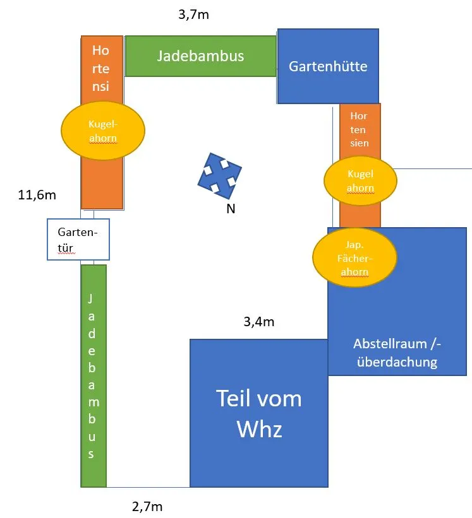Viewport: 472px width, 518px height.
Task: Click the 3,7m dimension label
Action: pos(193,15)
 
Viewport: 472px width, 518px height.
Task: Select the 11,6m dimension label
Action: pos(37,195)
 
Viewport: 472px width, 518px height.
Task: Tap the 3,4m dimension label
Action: pos(259,322)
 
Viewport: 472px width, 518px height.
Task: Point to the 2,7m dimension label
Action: pos(148,505)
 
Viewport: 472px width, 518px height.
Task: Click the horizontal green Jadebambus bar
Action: pos(200,56)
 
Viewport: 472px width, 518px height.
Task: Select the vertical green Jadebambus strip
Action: pos(94,375)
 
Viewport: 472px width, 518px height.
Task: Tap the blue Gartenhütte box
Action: pos(328,66)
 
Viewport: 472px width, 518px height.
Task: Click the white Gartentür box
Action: pos(78,239)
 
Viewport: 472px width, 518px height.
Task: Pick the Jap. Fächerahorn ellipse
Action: pos(354,257)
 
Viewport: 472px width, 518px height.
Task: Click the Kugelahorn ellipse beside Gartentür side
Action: pos(103,130)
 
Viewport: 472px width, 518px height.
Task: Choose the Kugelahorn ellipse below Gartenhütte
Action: pos(360,181)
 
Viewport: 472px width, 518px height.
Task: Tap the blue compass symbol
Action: pos(219,172)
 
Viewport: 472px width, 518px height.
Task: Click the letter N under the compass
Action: pos(231,209)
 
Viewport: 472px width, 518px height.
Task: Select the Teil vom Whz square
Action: pos(259,413)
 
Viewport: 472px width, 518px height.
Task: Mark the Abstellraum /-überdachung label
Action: pos(396,353)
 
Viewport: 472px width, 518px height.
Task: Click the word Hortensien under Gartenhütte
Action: pos(359,129)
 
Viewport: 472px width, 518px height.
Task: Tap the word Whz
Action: pos(259,430)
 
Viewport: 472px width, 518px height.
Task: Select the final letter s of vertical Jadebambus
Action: pos(93,453)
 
